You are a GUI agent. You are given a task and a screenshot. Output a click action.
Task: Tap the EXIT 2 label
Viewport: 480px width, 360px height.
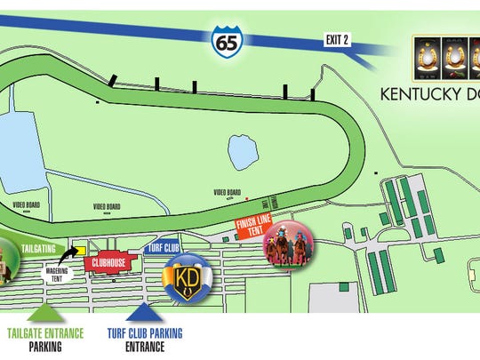click(336, 38)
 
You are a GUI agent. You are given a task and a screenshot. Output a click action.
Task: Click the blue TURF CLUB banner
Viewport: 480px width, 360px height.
click(164, 250)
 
